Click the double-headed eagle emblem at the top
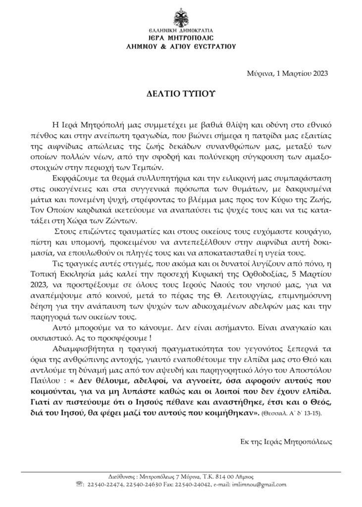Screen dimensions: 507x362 coord(181,19)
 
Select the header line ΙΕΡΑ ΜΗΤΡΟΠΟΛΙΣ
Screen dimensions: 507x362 coord(181,38)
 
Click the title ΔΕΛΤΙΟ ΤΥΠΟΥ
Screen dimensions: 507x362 coord(181,93)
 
